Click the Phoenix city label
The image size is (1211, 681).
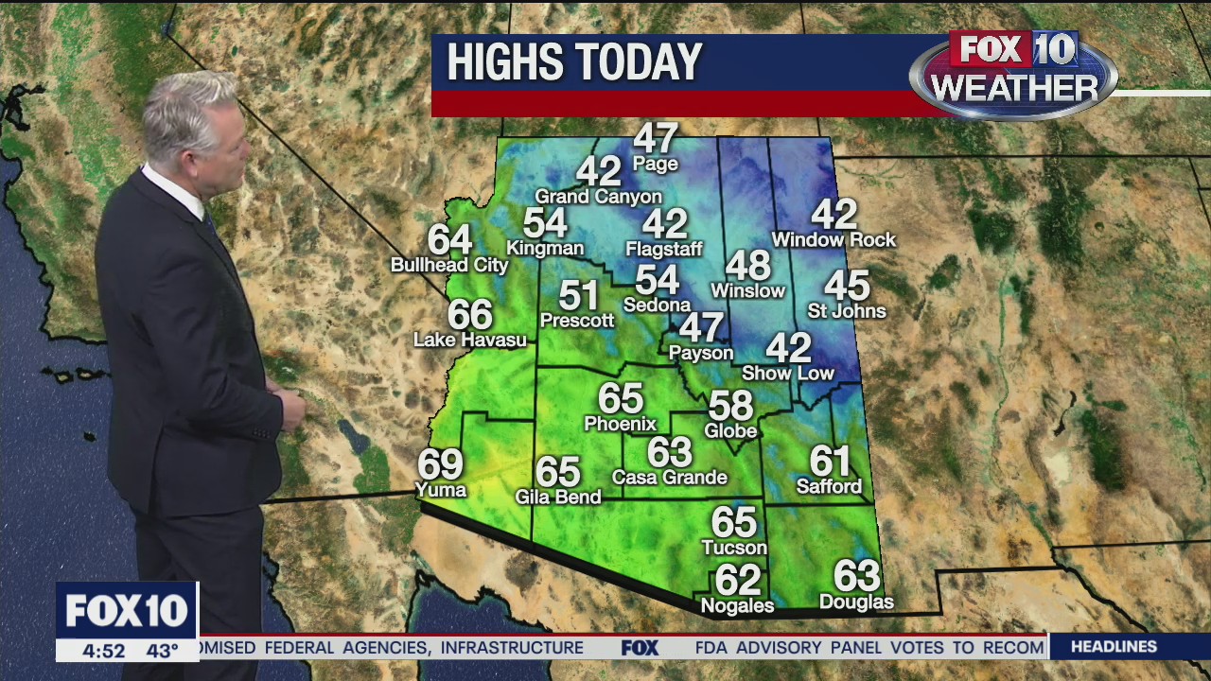point(620,424)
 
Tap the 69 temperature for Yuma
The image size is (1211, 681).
point(441,463)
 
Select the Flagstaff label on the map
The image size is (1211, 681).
point(664,250)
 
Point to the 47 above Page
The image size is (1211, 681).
point(656,138)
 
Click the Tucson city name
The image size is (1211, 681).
point(734,548)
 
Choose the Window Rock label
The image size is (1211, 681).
point(834,240)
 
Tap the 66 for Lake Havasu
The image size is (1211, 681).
point(470,314)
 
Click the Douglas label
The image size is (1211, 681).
point(856,602)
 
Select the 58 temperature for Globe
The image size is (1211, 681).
point(731,406)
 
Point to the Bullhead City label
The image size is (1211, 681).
point(449,266)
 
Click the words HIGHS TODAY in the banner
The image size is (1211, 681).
point(574,62)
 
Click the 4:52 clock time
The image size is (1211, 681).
point(103,651)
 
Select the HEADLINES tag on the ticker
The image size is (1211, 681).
point(1114,647)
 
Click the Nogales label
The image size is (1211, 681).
point(737,605)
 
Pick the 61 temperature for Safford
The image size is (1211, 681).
point(830,461)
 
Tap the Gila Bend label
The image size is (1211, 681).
point(558,497)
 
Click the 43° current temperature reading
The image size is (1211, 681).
point(162,651)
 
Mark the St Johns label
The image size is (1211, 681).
point(847,311)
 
